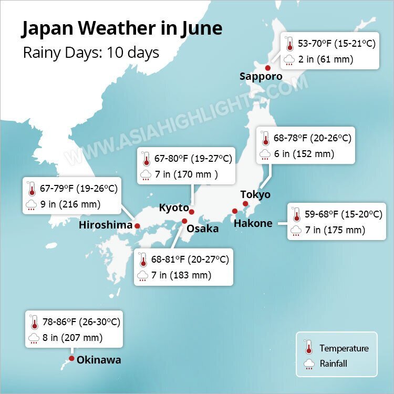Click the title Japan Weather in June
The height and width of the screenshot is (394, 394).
pyautogui.click(x=122, y=29)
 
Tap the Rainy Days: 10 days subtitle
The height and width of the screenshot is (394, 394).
pyautogui.click(x=91, y=53)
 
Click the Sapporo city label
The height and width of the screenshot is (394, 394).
pyautogui.click(x=261, y=77)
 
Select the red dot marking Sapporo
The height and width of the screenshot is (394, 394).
pyautogui.click(x=267, y=68)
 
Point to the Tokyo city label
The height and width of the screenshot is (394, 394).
pyautogui.click(x=255, y=195)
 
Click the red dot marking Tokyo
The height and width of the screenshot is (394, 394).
pyautogui.click(x=245, y=203)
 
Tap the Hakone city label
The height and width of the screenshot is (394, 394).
pyautogui.click(x=253, y=223)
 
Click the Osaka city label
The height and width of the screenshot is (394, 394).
pyautogui.click(x=202, y=229)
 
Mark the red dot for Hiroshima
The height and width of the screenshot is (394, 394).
pyautogui.click(x=137, y=226)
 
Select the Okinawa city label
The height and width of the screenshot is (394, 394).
pyautogui.click(x=99, y=360)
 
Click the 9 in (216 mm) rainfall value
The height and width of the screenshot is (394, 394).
pyautogui.click(x=71, y=204)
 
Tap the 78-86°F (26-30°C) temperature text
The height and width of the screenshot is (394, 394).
pyautogui.click(x=81, y=322)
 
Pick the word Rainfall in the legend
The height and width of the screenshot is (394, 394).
pyautogui.click(x=333, y=364)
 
